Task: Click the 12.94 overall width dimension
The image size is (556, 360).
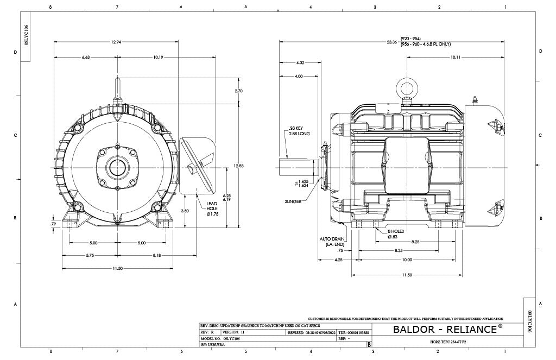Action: coord(116,42)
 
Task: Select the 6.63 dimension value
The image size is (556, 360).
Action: coord(86,57)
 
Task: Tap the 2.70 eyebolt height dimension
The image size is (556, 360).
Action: coord(238,91)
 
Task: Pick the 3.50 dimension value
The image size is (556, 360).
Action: coord(185,210)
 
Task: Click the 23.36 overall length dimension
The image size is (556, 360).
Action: coord(391,42)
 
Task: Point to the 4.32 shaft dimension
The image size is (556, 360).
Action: coord(300,63)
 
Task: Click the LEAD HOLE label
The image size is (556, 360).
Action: coord(212,207)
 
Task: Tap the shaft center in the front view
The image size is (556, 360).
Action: coord(117,167)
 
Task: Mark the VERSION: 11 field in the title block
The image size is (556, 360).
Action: coord(235,332)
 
